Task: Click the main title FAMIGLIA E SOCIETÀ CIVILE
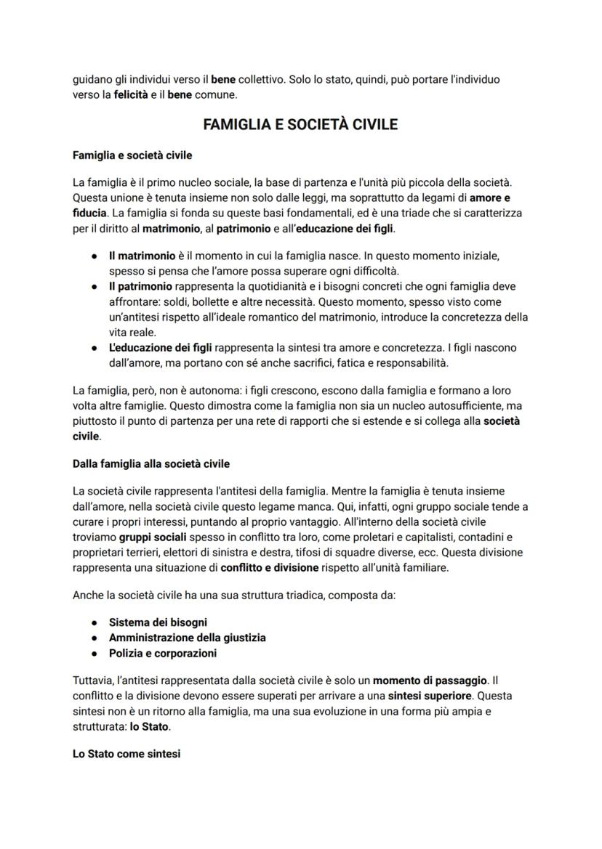tap(300, 124)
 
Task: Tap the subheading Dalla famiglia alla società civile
tap(151, 463)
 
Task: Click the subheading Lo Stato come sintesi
tap(127, 754)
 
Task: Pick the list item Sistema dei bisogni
tap(158, 622)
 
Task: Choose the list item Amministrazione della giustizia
tap(187, 637)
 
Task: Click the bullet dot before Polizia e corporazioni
tap(95, 653)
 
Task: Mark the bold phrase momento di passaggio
tap(430, 681)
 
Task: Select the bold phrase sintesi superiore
tap(430, 696)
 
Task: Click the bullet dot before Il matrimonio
tap(95, 256)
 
